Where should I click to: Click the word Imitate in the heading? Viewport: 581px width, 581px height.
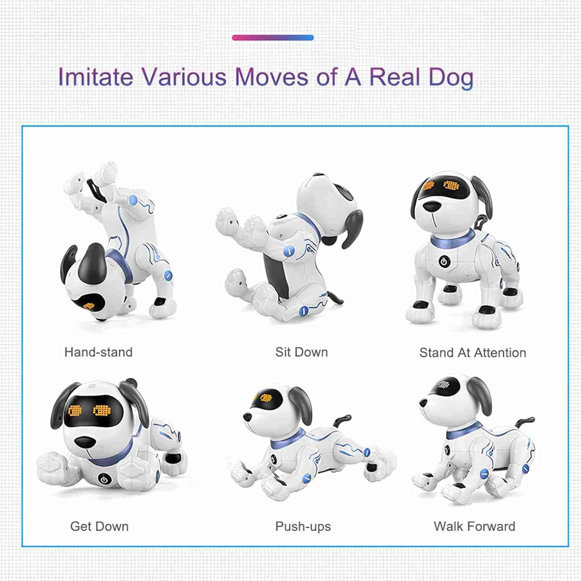[95, 77]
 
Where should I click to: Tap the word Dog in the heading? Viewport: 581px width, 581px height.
[451, 77]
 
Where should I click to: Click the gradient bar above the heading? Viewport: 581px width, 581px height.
[273, 38]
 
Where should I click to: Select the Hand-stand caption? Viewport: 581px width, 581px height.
[98, 352]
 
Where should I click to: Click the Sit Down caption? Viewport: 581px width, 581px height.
[301, 352]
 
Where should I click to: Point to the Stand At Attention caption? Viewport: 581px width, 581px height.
[473, 352]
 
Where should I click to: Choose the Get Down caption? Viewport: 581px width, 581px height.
[99, 526]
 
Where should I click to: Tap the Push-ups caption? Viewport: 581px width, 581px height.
[303, 526]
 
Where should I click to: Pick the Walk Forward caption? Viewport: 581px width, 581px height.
[474, 526]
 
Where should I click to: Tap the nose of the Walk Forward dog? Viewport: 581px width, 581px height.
[423, 403]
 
